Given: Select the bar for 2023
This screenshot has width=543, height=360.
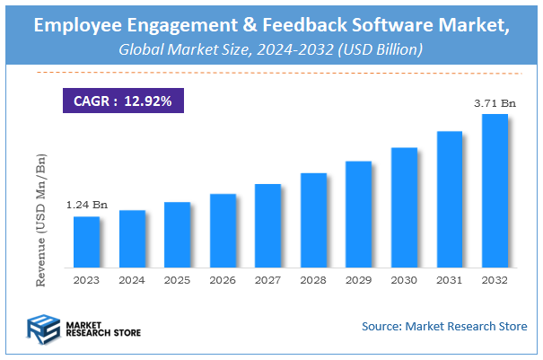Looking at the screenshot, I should pos(86,242).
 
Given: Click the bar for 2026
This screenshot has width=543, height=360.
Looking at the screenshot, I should pos(223,231).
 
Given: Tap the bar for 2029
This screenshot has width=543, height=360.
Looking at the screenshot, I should pos(359,215).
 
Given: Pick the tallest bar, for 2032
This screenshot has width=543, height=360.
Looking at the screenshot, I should pos(495,191).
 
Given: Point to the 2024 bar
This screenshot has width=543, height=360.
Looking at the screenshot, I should pos(132,239).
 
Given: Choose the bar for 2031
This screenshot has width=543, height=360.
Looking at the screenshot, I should pos(450,199).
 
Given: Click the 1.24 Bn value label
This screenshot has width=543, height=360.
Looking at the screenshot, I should pos(86,206).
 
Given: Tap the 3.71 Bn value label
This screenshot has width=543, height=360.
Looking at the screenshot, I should pos(495,104).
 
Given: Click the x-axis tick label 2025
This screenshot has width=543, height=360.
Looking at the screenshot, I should pos(178,280).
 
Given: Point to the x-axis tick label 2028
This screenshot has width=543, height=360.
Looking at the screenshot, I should pos(313,280).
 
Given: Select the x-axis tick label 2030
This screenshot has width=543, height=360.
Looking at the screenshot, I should pos(405,280).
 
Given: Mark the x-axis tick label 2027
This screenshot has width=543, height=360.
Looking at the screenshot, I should pos(268,280).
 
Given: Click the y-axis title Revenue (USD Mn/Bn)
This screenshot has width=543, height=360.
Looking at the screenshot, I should pos(40,220).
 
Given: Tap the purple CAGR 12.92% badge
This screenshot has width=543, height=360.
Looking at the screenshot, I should pos(121,101).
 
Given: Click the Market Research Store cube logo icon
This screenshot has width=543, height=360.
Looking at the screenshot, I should pos(42,329).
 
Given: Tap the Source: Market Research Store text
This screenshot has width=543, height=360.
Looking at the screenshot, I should pos(444,326).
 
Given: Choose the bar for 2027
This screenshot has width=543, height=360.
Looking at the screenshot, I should pos(268,225).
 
